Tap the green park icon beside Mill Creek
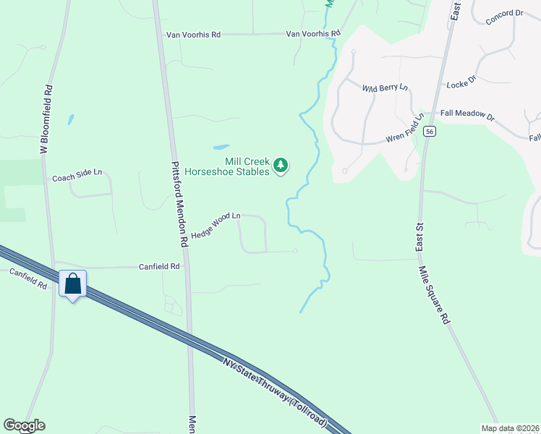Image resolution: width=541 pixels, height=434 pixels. click(x=281, y=166)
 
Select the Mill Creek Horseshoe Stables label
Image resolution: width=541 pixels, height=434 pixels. click(x=228, y=166)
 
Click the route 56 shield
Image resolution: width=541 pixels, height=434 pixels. click(x=430, y=131)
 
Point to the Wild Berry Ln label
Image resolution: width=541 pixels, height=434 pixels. click(x=385, y=88)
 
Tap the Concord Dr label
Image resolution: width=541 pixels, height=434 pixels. click(x=504, y=17)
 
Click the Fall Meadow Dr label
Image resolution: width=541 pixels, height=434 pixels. click(x=467, y=116)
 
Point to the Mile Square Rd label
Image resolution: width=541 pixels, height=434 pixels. click(x=434, y=294)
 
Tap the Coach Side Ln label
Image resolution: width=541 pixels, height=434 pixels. click(x=77, y=177)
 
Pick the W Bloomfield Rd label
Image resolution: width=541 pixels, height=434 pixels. click(x=46, y=119)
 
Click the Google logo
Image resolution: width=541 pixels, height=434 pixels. click(x=23, y=425)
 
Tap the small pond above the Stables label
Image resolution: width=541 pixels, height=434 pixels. click(x=221, y=145)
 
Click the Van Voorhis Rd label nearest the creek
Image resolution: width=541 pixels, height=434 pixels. click(x=312, y=33)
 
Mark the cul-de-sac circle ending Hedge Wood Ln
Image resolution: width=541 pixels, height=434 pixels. click(x=294, y=251)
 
